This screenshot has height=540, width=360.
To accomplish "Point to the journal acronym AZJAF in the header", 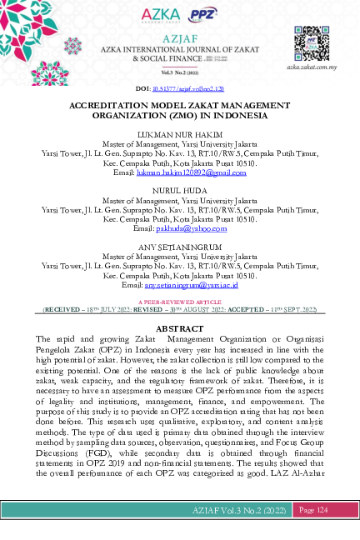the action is tap(180, 40).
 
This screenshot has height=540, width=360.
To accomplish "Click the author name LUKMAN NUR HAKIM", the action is tap(180, 133).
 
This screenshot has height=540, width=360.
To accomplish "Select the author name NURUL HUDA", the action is tap(180, 191).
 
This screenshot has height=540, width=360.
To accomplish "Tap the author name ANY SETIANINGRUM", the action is tap(180, 247).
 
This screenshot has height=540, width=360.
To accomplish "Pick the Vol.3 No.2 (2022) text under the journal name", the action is tap(180, 72).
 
